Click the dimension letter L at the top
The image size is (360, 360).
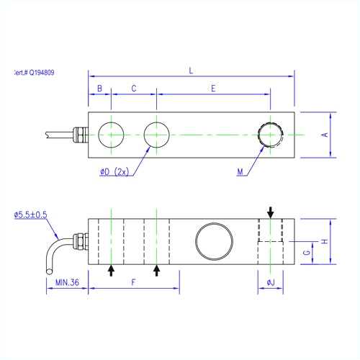pos(191,70)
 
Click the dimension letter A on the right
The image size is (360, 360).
pos(324,135)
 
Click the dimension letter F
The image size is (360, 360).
pos(134,283)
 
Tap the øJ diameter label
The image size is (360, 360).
pos(271,283)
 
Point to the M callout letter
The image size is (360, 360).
pos(240,172)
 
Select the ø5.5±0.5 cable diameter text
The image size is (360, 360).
pos(30,215)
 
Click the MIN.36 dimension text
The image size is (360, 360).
pos(67,283)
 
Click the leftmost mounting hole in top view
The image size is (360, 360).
pos(112,135)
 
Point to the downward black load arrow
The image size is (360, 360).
pos(271,212)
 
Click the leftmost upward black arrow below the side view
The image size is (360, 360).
pos(111,270)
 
